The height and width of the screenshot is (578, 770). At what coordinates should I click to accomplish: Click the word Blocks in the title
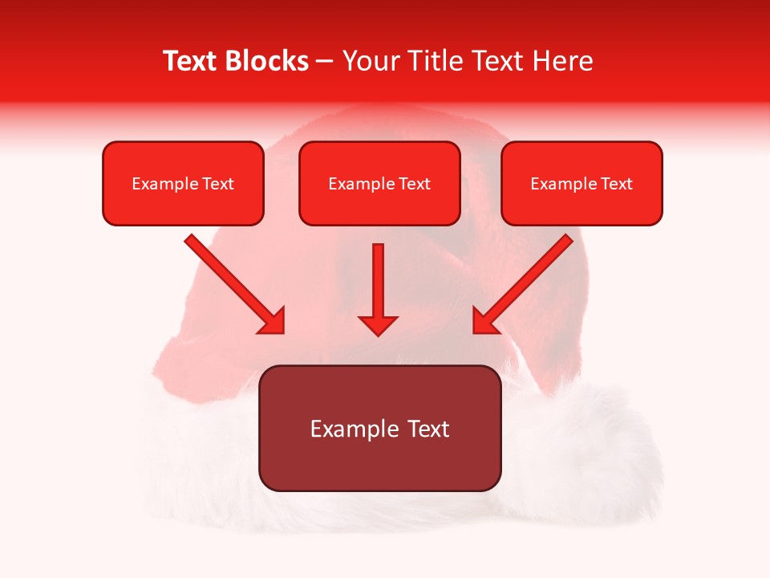(269, 61)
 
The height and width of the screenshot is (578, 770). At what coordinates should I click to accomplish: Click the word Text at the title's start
(192, 61)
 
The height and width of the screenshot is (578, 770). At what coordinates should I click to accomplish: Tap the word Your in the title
(369, 61)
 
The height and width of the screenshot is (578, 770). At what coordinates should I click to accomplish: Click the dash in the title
(325, 62)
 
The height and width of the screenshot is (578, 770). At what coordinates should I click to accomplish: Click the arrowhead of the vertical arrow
(379, 324)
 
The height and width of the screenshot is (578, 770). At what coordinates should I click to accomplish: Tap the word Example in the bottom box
(348, 429)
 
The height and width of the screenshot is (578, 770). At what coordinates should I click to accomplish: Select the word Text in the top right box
(617, 184)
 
